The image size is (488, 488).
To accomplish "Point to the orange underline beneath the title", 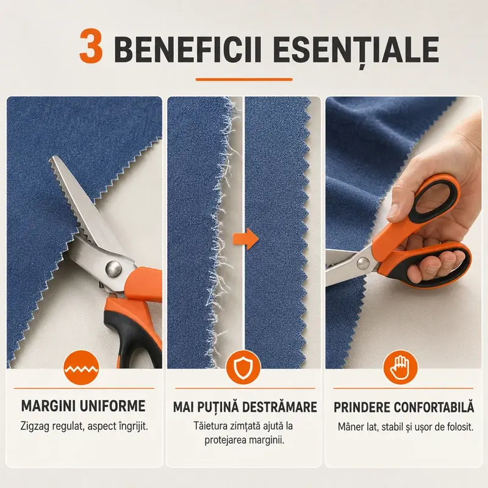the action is point(244,80).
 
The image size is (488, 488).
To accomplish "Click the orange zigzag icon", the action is point(81,368).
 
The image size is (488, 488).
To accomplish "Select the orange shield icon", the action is point(243,368).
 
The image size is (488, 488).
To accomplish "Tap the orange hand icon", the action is point(400,368).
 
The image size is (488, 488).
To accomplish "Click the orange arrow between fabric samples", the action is point(246,239).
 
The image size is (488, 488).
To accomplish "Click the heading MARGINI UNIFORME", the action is point(84,406).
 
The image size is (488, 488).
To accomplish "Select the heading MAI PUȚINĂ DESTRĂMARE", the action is point(245,407).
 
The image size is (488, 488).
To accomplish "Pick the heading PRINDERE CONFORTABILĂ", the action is point(404,407).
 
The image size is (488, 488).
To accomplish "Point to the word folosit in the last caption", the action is point(460,426).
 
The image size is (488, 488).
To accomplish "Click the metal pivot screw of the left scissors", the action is point(113,268).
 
